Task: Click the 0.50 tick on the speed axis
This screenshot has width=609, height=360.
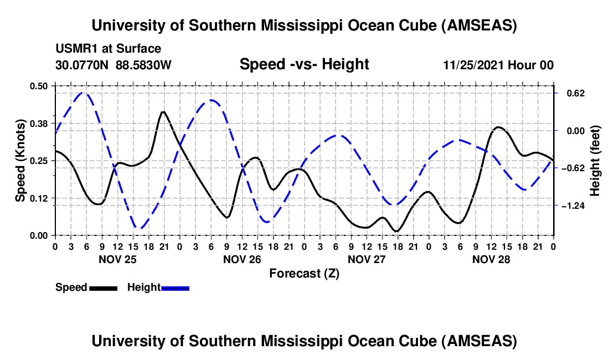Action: (x=39, y=86)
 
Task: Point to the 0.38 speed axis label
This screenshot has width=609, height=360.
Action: (x=39, y=123)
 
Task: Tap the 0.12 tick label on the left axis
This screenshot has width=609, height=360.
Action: (x=39, y=198)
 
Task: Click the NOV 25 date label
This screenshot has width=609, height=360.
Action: (x=117, y=259)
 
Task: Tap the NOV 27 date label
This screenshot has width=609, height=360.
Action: (x=367, y=259)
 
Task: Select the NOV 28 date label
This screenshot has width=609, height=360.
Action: (x=491, y=259)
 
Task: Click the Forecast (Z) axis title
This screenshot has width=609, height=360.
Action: (x=304, y=273)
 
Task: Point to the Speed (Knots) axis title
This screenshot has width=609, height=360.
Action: (x=20, y=161)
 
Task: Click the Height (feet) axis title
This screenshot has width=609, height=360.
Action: (x=595, y=161)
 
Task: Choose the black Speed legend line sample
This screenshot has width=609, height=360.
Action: (x=103, y=287)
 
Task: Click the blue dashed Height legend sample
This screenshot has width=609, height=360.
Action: (x=176, y=287)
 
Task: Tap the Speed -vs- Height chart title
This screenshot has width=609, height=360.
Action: (x=304, y=65)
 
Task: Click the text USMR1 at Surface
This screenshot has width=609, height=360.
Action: (x=109, y=49)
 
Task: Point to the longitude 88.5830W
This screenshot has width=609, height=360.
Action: (x=144, y=65)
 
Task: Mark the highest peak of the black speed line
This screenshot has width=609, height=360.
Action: (x=163, y=112)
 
